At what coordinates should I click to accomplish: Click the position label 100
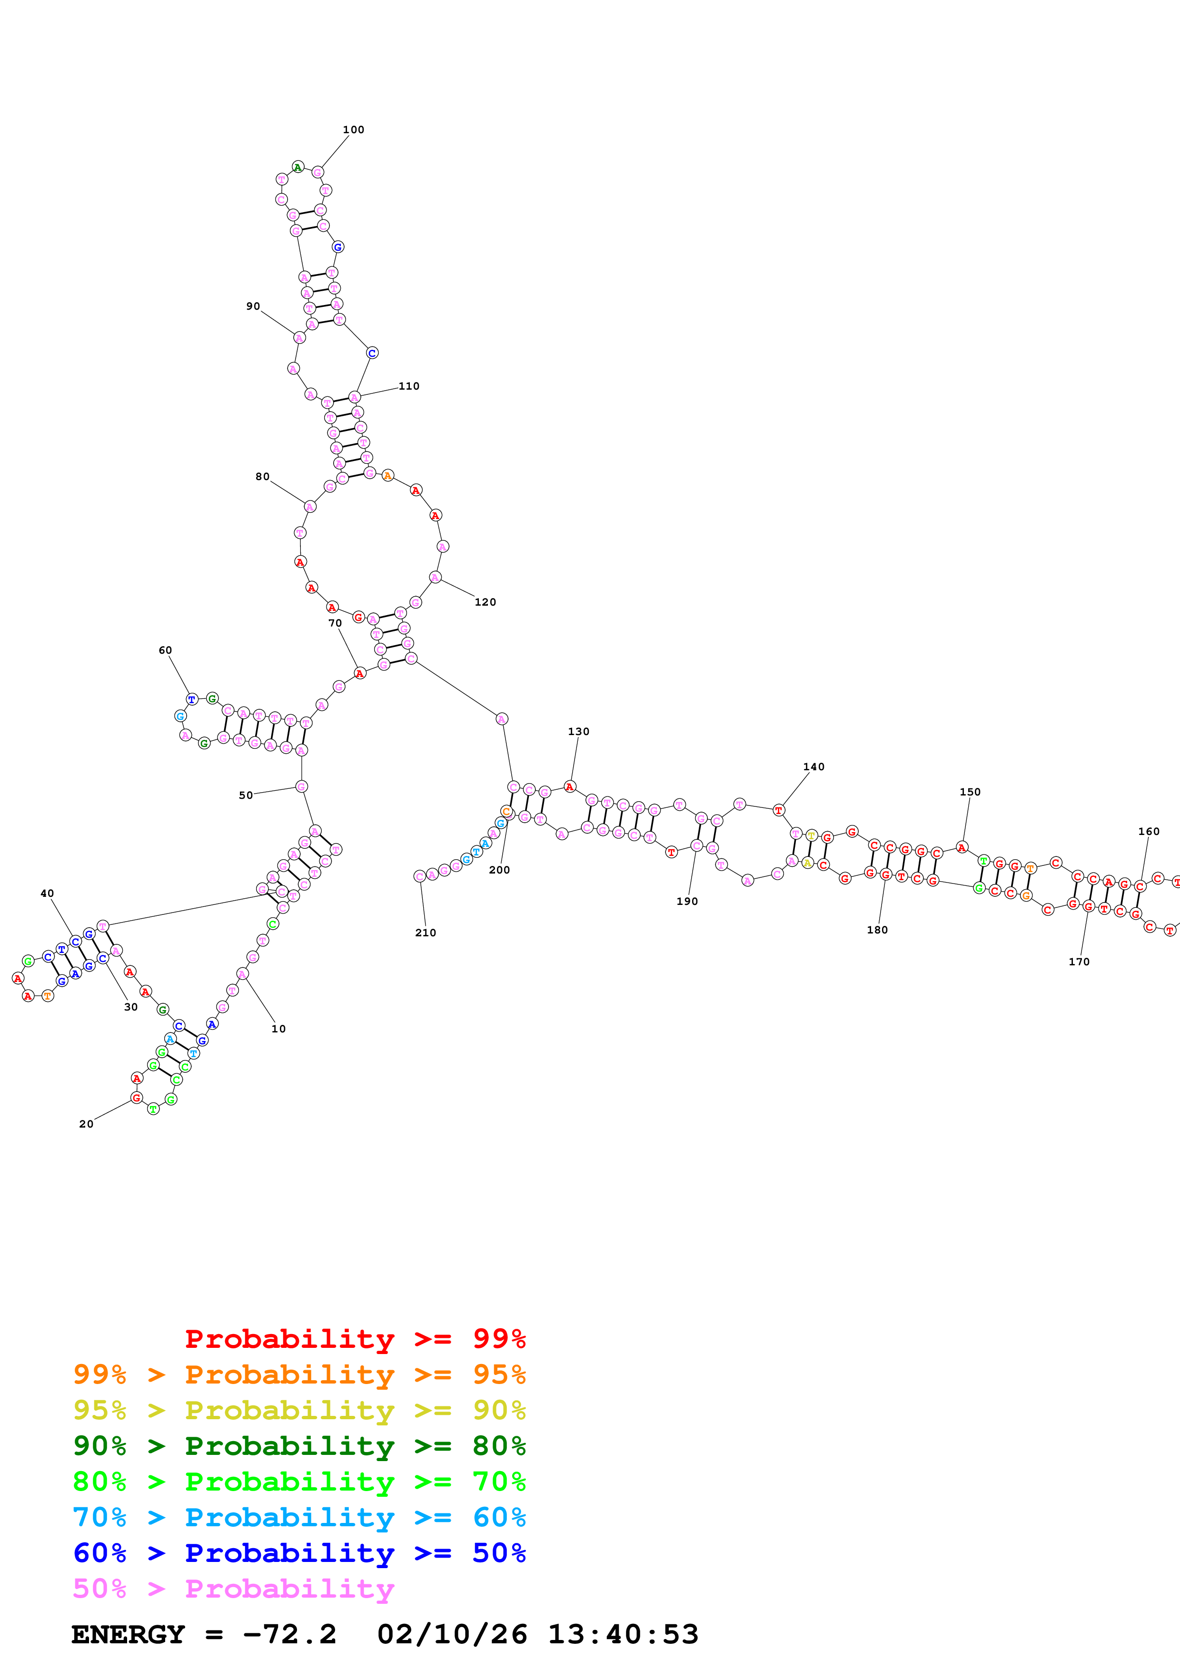coord(353,130)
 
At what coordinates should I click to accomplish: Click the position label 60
coord(166,650)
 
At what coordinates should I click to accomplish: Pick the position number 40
coord(47,893)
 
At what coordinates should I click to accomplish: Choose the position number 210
coord(426,933)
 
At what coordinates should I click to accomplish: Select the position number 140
coord(813,767)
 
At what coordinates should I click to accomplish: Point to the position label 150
coord(970,792)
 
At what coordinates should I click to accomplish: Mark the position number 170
coord(1079,962)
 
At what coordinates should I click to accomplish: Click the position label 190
coord(687,902)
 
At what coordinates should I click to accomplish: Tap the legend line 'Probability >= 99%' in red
coord(355,1339)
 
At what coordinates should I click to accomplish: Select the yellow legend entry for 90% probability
coord(299,1410)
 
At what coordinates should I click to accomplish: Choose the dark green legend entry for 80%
coord(299,1446)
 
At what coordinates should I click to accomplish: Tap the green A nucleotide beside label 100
coord(298,167)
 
